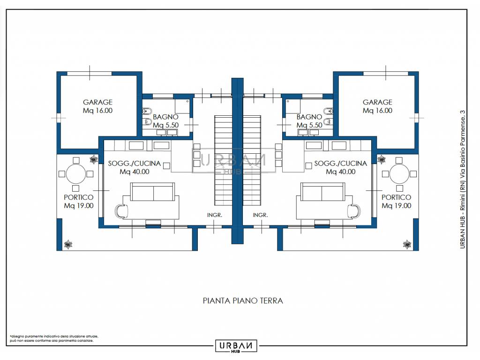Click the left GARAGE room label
point(97,106)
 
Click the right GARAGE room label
point(377,106)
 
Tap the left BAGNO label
point(165,117)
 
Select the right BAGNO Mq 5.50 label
point(309,121)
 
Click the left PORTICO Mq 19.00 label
point(79,202)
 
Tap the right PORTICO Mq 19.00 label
point(397,202)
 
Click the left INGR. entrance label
point(215,215)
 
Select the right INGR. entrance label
point(260,215)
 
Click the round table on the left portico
point(76,174)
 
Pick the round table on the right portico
point(399,174)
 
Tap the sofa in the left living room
point(153,192)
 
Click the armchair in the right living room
point(354,210)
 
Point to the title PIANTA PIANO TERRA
point(243,300)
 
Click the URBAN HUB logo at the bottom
point(236,346)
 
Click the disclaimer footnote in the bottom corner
point(54,338)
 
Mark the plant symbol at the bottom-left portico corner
point(68,244)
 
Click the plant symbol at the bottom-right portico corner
point(407,244)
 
